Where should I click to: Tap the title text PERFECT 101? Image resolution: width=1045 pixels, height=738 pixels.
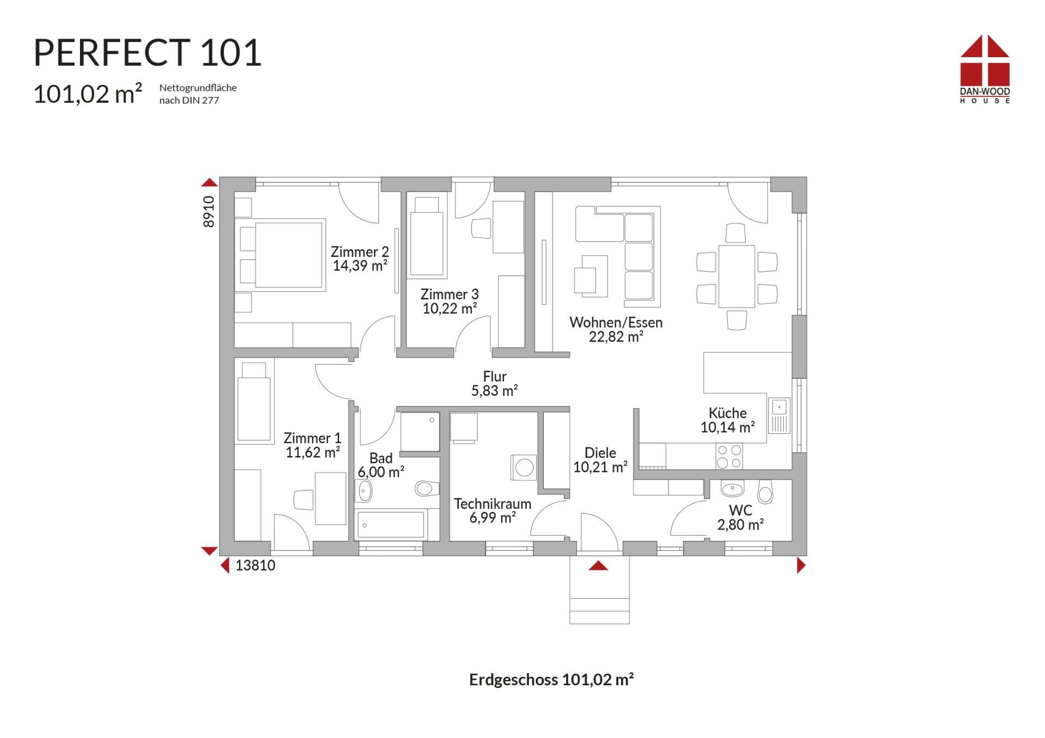click(x=147, y=53)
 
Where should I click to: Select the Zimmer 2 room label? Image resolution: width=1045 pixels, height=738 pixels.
click(x=360, y=252)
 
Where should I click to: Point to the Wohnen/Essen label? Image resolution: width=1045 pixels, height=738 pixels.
click(x=616, y=322)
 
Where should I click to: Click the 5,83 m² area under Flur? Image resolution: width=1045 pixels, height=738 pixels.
click(x=494, y=391)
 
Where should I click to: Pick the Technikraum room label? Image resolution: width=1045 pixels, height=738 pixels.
click(x=493, y=504)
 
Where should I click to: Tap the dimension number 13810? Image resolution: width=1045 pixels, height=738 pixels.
click(x=255, y=565)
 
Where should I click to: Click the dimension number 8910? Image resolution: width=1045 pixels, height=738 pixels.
click(x=209, y=211)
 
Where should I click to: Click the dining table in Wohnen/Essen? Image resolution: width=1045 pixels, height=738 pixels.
click(x=736, y=276)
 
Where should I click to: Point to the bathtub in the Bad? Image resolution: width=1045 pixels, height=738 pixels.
click(x=391, y=525)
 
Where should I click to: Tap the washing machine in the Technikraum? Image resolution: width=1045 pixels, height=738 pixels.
click(x=524, y=468)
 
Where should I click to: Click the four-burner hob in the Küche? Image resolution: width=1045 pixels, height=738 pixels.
click(x=729, y=456)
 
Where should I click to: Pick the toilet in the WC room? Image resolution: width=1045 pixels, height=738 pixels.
click(x=765, y=492)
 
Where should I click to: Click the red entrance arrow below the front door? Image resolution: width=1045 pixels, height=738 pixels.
click(x=598, y=566)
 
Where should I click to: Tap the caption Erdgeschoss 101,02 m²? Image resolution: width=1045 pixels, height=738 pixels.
click(x=551, y=680)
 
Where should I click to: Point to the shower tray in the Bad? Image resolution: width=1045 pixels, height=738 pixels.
click(x=420, y=432)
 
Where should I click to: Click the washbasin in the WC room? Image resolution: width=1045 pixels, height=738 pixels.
click(x=732, y=488)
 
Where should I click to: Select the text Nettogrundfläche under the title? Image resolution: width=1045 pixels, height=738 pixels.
click(x=198, y=88)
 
